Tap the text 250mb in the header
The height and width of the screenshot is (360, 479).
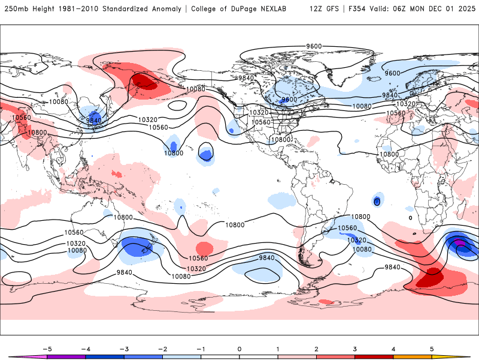[x=16, y=9]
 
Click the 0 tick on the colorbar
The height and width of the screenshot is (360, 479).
[x=239, y=349]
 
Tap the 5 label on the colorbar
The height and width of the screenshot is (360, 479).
[x=432, y=349]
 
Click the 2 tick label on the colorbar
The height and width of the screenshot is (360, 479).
[x=316, y=349]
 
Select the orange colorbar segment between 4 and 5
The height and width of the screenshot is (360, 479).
[x=413, y=356]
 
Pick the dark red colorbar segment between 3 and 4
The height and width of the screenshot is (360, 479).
[x=374, y=356]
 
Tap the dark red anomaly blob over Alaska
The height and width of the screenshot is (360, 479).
[x=144, y=82]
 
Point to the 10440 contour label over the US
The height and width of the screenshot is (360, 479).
[x=260, y=122]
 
